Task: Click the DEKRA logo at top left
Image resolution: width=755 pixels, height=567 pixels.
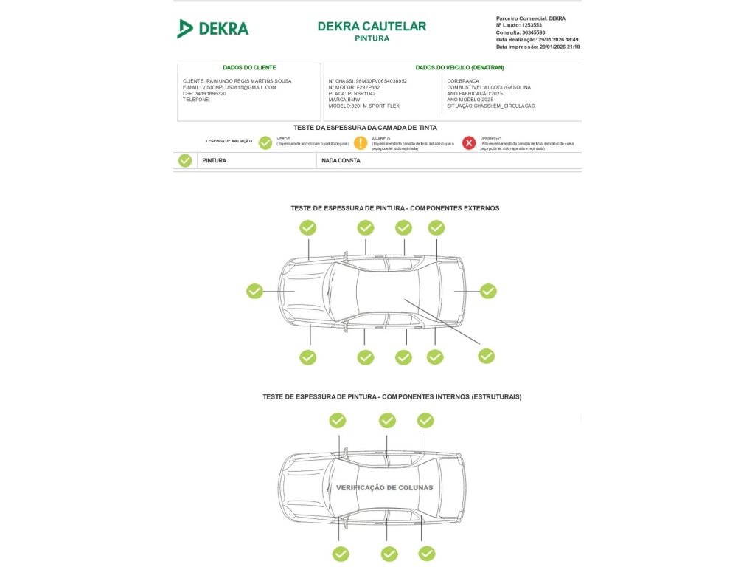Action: (213, 29)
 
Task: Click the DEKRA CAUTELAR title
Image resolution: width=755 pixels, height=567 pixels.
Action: (372, 27)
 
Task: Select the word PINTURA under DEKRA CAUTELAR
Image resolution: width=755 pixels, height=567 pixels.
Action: (372, 38)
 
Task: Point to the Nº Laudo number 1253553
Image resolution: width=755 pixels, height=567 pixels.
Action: (532, 25)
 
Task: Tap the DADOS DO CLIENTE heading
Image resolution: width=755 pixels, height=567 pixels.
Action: (249, 67)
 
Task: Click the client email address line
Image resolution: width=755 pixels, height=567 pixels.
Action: (229, 87)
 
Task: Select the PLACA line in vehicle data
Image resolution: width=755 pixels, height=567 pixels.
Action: (352, 94)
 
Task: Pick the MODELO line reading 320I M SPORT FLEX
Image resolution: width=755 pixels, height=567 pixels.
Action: (363, 106)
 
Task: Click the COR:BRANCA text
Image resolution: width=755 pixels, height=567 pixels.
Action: (463, 81)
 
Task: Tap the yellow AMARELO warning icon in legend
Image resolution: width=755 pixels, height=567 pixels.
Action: (361, 143)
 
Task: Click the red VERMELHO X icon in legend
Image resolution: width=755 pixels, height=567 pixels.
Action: (469, 143)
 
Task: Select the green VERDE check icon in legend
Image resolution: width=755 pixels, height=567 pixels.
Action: (265, 143)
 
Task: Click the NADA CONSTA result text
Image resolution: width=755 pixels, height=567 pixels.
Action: (341, 160)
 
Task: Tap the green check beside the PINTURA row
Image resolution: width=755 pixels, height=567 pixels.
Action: (185, 160)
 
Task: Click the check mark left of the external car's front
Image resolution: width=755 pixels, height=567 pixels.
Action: (254, 291)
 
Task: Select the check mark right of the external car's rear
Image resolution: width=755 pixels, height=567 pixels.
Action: (488, 291)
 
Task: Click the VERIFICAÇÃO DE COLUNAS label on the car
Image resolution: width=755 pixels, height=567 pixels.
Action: (384, 487)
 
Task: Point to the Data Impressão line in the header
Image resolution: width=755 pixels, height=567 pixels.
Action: (537, 47)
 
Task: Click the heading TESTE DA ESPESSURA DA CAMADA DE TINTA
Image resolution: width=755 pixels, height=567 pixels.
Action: (365, 128)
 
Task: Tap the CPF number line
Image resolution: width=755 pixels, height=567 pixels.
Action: (205, 94)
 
